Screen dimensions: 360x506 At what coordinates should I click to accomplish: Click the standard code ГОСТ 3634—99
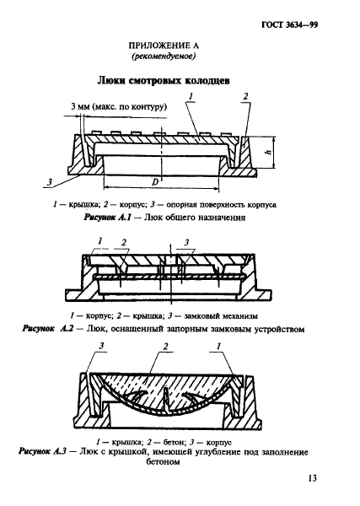click(289, 25)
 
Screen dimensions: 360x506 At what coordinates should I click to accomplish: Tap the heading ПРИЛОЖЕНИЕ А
click(164, 46)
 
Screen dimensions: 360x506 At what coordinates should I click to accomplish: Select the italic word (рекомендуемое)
click(164, 57)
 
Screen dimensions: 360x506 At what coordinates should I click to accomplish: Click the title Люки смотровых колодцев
click(164, 81)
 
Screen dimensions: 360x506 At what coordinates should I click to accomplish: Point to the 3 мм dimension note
click(119, 106)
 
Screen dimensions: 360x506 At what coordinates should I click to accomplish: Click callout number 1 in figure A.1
click(191, 96)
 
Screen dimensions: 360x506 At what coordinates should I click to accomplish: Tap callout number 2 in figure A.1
click(245, 96)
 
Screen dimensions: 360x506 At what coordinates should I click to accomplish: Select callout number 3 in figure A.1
click(50, 182)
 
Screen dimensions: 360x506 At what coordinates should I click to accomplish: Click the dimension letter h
click(268, 152)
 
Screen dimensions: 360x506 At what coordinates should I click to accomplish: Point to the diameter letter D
click(155, 182)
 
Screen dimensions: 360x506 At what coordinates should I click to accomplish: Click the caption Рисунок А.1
click(107, 218)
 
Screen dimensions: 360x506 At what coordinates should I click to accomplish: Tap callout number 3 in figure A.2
click(186, 242)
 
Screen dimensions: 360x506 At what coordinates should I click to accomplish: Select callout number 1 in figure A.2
click(100, 240)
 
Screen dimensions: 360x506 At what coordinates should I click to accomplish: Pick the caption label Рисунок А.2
click(48, 329)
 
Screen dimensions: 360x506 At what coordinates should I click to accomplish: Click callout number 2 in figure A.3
click(166, 347)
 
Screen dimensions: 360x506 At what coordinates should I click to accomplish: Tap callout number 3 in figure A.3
click(102, 347)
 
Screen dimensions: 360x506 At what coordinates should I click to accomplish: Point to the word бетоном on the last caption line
click(163, 462)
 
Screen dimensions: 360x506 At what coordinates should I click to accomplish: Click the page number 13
click(312, 478)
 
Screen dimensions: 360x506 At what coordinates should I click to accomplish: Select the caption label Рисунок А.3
click(42, 451)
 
